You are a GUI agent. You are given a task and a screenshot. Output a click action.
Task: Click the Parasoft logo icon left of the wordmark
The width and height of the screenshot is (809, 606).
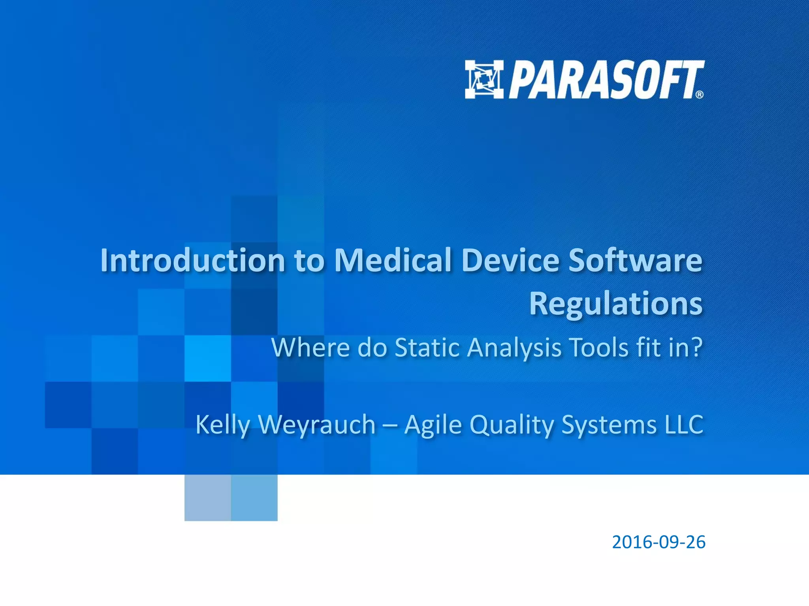[x=484, y=79]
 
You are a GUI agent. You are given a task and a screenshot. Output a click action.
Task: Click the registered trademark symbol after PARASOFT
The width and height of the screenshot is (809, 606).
[x=699, y=94]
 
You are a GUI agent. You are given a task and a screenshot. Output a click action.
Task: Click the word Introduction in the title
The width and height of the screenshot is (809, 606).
[x=192, y=260]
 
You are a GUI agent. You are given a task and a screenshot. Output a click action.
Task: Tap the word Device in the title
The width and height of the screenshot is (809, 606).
[x=510, y=260]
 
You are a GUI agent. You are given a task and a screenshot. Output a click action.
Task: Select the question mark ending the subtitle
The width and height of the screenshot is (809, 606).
[x=697, y=348]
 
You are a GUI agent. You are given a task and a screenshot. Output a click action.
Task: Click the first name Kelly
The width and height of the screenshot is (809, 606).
[x=223, y=425]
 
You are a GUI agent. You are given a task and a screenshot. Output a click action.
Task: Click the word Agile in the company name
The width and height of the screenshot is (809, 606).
[x=433, y=425]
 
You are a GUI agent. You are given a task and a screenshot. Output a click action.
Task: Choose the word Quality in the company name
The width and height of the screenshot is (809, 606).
[x=512, y=425]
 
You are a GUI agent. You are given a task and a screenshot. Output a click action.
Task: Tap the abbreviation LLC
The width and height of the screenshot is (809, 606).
[x=684, y=425]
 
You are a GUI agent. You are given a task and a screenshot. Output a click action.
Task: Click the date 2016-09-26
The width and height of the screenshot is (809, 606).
[x=658, y=542]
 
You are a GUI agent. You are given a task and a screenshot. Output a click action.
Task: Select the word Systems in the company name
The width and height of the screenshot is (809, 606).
[x=609, y=425]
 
